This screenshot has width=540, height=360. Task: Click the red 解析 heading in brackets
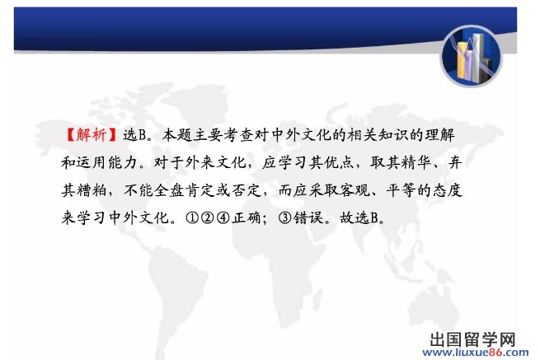coord(92,134)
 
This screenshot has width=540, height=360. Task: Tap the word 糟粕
coord(92,189)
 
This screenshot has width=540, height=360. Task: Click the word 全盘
coord(169,189)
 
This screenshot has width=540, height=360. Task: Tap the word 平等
coord(401,189)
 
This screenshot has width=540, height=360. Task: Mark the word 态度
coord(448,189)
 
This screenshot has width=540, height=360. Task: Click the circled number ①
coord(192,217)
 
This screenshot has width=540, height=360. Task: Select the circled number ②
coord(207,217)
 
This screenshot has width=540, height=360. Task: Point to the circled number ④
coord(223,217)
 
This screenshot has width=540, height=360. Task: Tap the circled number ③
coord(284,217)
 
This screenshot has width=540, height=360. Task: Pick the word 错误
coord(308,217)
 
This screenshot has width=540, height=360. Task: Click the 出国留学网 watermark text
coord(472,339)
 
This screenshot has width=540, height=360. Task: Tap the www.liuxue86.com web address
coord(476,352)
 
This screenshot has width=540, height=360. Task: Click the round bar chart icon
coord(472,56)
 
